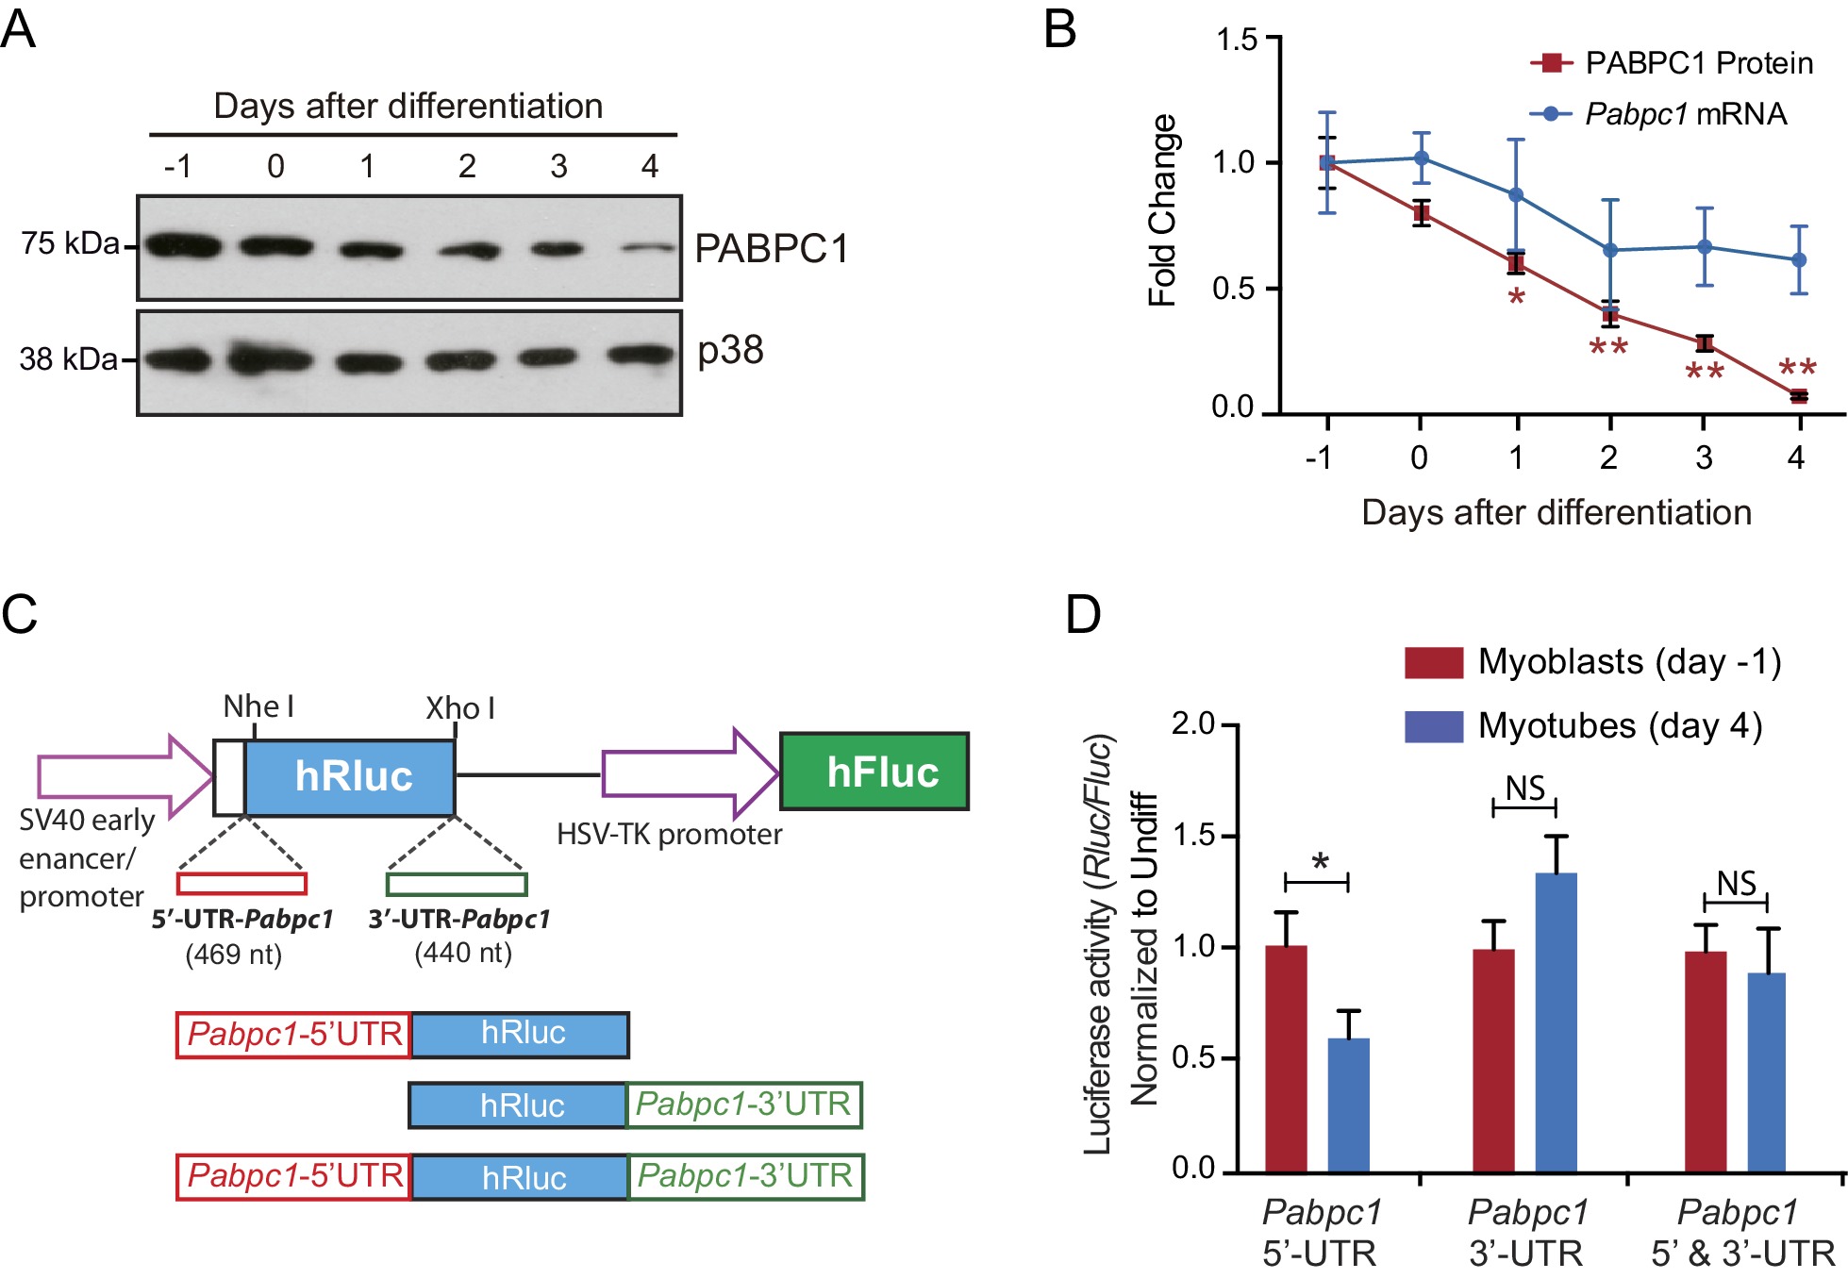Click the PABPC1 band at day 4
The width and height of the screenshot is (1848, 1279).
(x=649, y=249)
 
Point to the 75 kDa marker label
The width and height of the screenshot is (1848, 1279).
(x=71, y=244)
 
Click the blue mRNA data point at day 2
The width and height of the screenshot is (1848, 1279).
(x=1610, y=250)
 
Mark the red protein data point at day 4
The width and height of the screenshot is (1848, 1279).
(x=1799, y=396)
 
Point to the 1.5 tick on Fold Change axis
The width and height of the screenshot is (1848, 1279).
(x=1237, y=40)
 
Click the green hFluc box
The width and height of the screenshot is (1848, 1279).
(x=874, y=772)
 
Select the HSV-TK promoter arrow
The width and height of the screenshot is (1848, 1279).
(x=690, y=773)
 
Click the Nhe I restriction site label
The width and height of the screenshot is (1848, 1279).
(x=258, y=706)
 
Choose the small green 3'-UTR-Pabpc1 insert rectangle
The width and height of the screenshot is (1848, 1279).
(x=457, y=884)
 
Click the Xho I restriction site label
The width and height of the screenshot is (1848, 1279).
(x=460, y=708)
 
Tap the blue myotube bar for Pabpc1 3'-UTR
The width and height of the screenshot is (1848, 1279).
(x=1556, y=1022)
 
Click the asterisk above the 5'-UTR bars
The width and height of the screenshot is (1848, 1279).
(x=1320, y=862)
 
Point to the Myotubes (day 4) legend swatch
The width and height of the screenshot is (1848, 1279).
(x=1433, y=726)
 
